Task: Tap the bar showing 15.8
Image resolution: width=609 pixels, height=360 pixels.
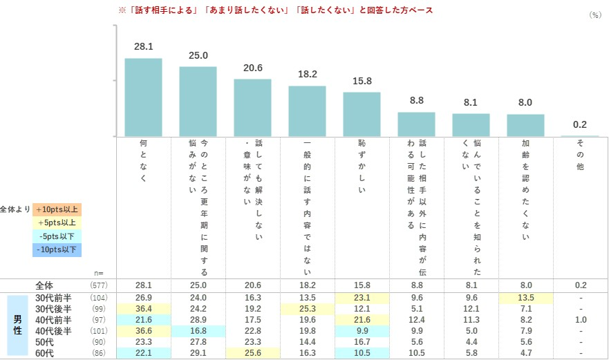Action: [x=362, y=114]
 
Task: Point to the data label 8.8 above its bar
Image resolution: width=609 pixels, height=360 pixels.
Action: [x=416, y=100]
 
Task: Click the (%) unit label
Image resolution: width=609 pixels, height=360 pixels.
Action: [x=594, y=15]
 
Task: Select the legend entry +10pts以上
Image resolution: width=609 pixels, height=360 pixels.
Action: [x=57, y=209]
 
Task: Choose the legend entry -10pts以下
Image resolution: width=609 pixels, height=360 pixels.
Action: [x=57, y=249]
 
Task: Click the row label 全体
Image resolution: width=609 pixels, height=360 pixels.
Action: [x=44, y=285]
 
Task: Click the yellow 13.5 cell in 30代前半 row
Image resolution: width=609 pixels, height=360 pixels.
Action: [x=525, y=298]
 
